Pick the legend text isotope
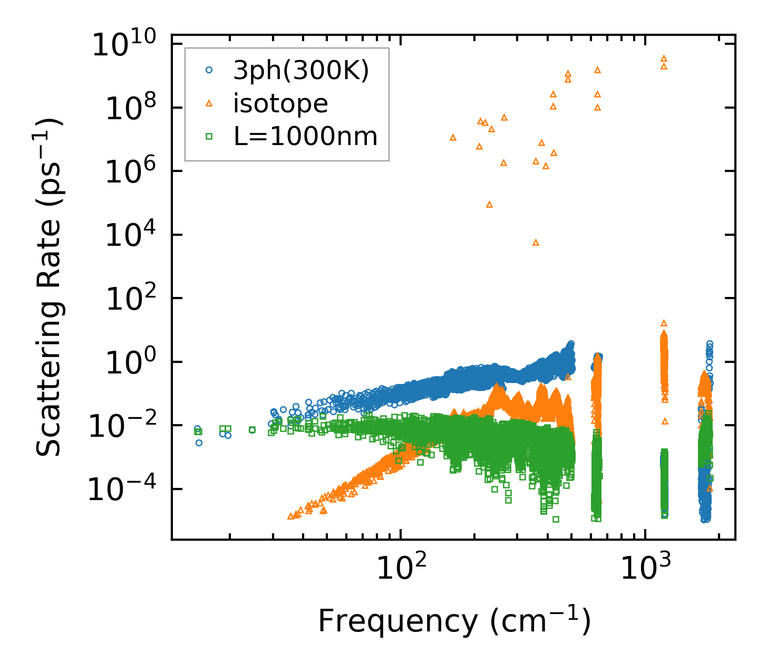280,104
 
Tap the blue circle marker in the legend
209,70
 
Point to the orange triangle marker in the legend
209,103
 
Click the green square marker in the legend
209,137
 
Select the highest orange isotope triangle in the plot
664,58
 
